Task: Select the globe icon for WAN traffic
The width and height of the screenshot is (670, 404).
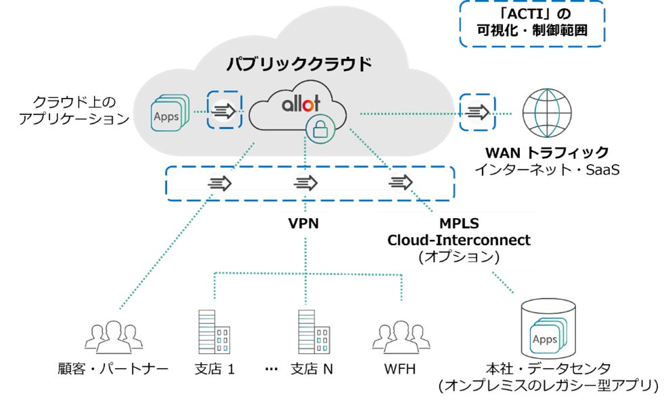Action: pyautogui.click(x=547, y=112)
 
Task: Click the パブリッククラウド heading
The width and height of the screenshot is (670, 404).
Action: pyautogui.click(x=299, y=64)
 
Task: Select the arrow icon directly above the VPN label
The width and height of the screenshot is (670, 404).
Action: pyautogui.click(x=306, y=182)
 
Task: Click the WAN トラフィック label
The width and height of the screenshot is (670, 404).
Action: pyautogui.click(x=547, y=152)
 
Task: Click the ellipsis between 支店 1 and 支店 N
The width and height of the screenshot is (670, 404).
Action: pyautogui.click(x=272, y=370)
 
